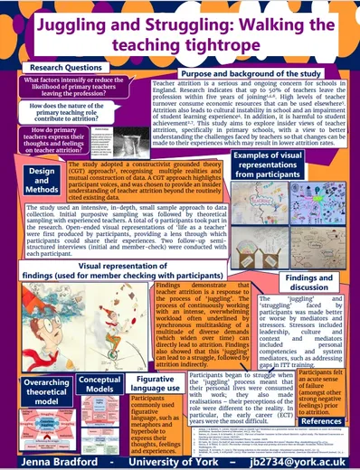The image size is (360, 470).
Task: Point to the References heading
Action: (x=324, y=422)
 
